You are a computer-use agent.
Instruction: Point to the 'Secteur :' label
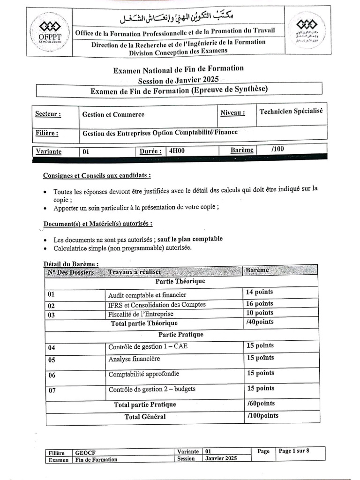click(48, 114)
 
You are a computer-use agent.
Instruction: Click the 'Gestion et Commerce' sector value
click(113, 114)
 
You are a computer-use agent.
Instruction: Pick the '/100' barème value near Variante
click(277, 150)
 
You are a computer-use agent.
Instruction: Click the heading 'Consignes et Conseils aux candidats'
click(97, 176)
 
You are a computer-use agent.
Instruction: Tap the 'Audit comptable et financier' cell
click(147, 295)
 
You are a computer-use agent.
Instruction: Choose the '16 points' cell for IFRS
click(260, 304)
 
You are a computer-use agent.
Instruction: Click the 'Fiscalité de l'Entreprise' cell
click(141, 314)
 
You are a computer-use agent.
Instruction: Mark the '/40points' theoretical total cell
click(260, 322)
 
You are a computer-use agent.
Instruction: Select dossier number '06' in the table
click(52, 375)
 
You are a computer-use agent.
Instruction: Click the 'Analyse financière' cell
click(134, 359)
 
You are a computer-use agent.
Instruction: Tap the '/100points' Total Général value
click(262, 416)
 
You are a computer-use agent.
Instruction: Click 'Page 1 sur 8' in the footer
click(294, 451)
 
